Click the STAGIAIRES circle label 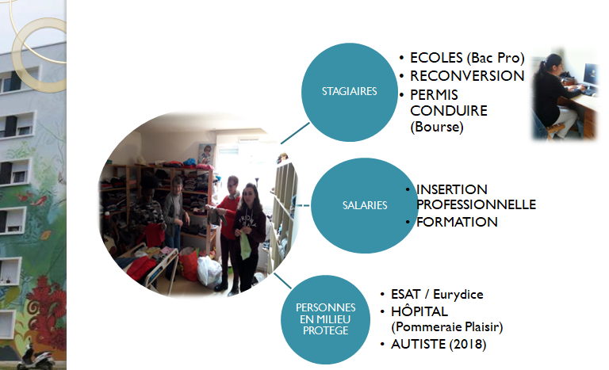click(350, 92)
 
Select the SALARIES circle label click(364, 205)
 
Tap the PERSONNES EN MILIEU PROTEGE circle click(325, 319)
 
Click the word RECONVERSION click(467, 76)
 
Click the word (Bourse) click(437, 127)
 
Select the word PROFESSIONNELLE click(476, 204)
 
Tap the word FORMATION click(457, 222)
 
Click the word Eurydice click(458, 295)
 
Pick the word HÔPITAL click(419, 311)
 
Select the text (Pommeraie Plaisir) click(447, 327)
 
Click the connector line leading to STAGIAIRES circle click(295, 133)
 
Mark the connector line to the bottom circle click(282, 280)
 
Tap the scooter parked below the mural click(36, 357)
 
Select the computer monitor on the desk click(591, 75)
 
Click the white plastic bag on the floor click(209, 271)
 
